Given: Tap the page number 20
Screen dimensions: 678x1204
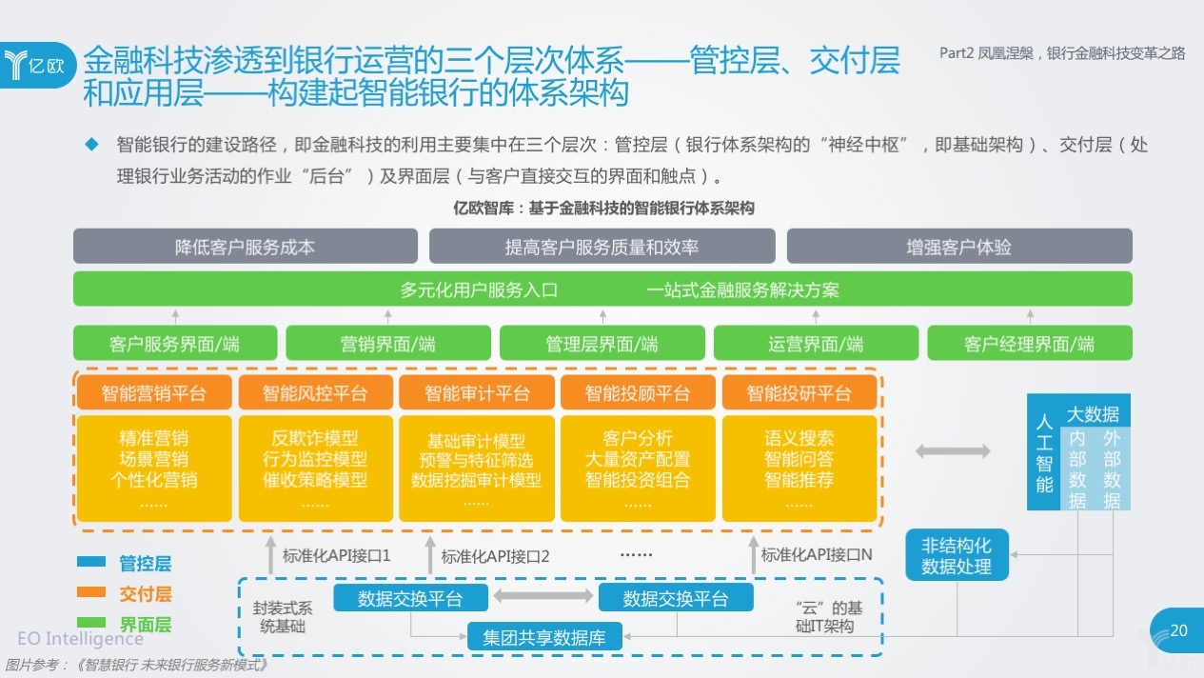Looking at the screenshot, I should [x=1178, y=630].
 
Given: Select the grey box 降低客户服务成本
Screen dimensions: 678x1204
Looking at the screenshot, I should [x=246, y=247].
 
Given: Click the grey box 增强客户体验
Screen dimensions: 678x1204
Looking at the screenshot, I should [x=958, y=247].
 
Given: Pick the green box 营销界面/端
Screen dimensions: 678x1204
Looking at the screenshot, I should [x=388, y=344].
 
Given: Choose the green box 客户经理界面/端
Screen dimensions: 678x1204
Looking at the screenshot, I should [x=1029, y=344].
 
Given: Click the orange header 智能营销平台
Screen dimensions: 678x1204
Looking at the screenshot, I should [x=154, y=393].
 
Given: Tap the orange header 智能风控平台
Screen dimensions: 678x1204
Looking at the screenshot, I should [x=315, y=393].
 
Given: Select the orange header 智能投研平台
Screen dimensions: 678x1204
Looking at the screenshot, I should [x=799, y=393].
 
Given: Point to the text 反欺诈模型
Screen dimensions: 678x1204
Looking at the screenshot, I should [x=315, y=438].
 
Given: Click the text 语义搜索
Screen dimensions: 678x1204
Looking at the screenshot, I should [x=799, y=438].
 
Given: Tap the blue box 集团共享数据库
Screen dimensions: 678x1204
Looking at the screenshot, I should [x=544, y=636].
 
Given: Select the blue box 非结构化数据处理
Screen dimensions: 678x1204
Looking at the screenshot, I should [x=957, y=556].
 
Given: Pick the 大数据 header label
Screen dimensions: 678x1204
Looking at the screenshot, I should [x=1093, y=414].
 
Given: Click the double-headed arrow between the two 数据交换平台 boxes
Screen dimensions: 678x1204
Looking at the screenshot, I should [x=543, y=597].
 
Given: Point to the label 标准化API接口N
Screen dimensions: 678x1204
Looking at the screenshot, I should [x=817, y=555].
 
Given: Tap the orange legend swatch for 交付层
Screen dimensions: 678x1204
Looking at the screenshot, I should [x=91, y=592].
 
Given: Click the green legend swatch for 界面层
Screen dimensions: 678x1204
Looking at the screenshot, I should [x=91, y=623].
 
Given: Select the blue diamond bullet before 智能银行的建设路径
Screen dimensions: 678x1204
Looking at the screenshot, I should [x=92, y=145].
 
